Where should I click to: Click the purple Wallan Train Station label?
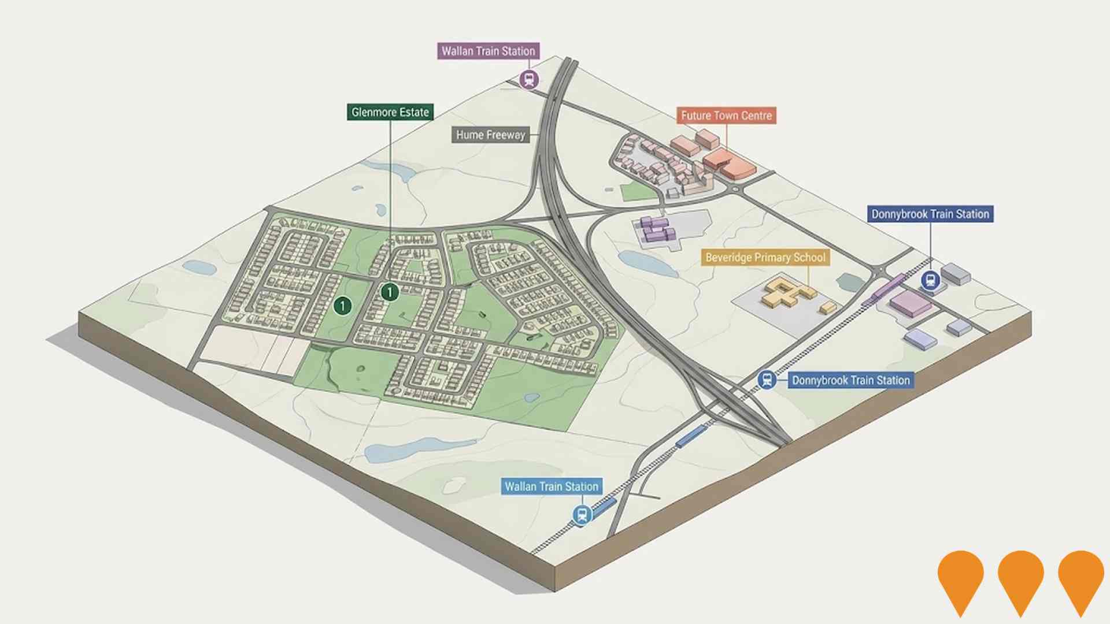489,51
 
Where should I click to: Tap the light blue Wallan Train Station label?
551,486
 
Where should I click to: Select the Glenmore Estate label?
390,112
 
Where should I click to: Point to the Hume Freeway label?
490,135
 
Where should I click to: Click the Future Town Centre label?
726,116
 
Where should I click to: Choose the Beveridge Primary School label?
765,257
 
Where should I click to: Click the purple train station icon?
528,79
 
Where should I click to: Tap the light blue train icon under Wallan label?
582,514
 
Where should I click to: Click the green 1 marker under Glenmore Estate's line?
390,292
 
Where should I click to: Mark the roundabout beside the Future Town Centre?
735,189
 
